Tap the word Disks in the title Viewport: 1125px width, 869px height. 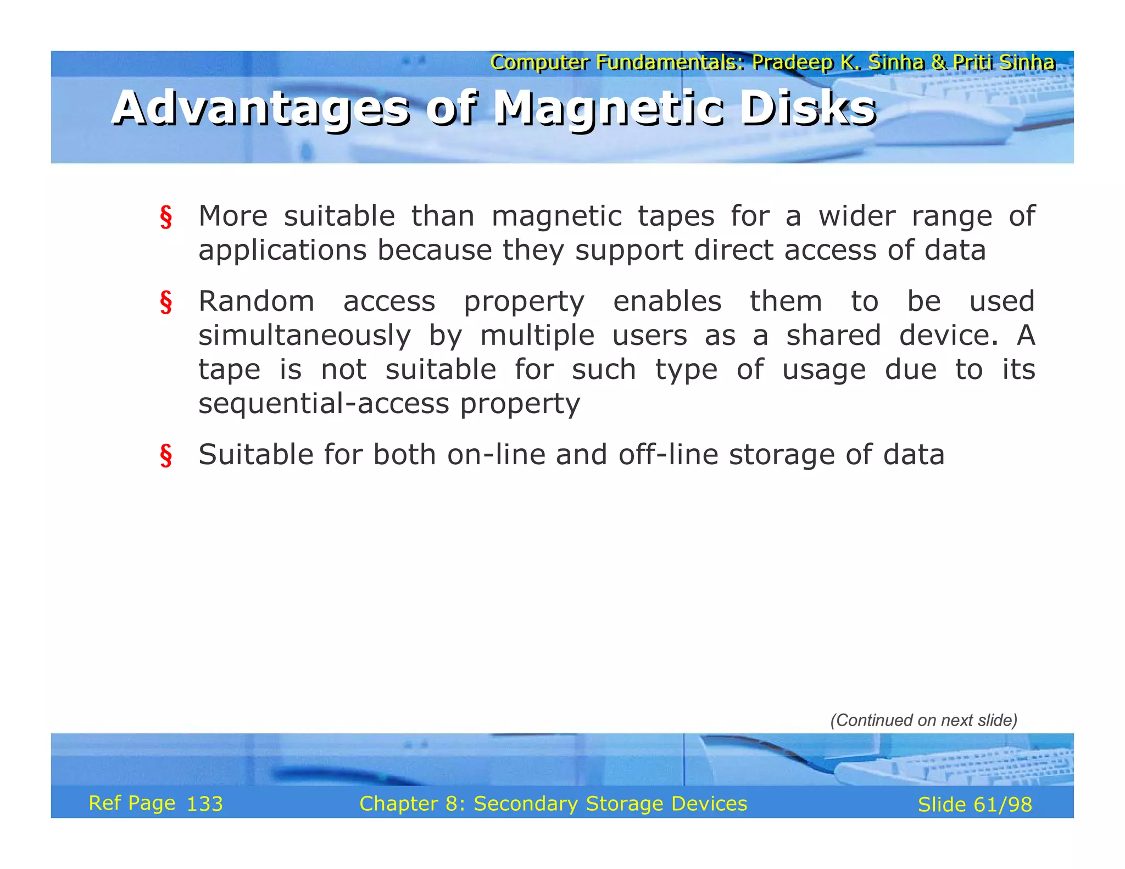pyautogui.click(x=807, y=108)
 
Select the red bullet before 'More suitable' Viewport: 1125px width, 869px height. pyautogui.click(x=166, y=217)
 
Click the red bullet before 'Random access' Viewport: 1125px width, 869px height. pyautogui.click(x=166, y=303)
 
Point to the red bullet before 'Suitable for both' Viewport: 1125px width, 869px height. pyautogui.click(x=166, y=456)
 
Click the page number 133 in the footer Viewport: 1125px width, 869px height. pyautogui.click(x=204, y=804)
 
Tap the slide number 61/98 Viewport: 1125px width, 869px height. pyautogui.click(x=1003, y=805)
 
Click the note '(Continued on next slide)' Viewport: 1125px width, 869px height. pyautogui.click(x=923, y=720)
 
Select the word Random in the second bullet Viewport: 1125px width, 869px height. pyautogui.click(x=257, y=302)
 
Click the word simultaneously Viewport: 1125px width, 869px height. pyautogui.click(x=304, y=336)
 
